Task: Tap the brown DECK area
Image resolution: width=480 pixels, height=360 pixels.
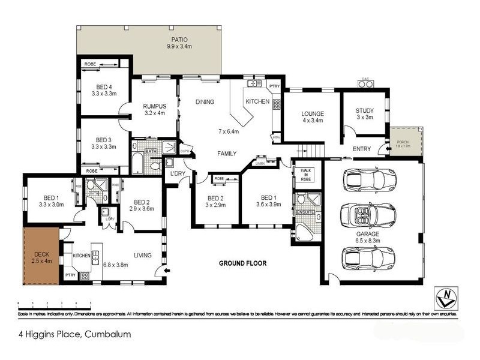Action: click(41, 256)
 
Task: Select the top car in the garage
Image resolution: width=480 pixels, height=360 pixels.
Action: click(368, 179)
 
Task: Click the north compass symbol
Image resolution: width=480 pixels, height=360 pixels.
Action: click(444, 295)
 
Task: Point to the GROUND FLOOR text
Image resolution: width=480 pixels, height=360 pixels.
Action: click(242, 263)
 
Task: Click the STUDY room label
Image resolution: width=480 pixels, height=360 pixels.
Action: click(364, 110)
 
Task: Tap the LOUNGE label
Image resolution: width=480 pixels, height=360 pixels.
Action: click(313, 113)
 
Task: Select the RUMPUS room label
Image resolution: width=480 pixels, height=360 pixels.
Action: click(154, 106)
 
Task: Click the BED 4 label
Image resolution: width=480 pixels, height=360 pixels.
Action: click(104, 86)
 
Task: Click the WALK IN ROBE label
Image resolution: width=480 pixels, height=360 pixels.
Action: click(306, 175)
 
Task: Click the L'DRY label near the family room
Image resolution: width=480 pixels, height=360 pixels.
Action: click(177, 173)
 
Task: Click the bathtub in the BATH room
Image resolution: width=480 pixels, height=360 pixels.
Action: click(138, 163)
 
